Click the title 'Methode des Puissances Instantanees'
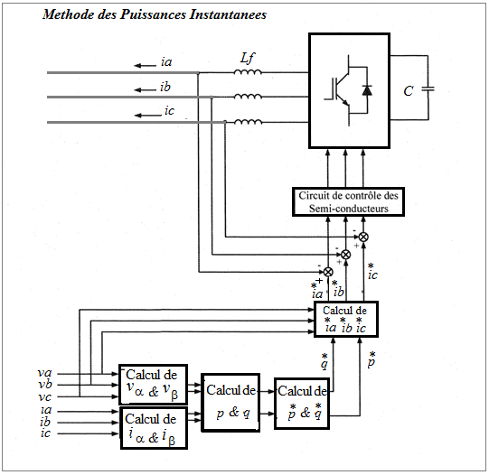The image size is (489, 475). pos(155,14)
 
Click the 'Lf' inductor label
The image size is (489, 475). pos(248,58)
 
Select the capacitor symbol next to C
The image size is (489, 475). pos(428,88)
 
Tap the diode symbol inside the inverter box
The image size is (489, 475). pos(367,90)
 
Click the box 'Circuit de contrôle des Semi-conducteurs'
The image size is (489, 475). pos(348,202)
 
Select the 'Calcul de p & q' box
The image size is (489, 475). pos(230,403)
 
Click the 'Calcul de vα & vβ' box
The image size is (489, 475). pos(153,385)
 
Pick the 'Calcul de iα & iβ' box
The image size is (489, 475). pos(154,428)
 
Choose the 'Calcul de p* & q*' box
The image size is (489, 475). pos(302,404)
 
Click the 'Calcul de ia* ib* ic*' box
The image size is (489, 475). pos(346,319)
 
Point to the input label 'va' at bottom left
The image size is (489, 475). pos(44,373)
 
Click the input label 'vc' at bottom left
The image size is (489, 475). pos(44,397)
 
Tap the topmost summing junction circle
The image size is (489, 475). pos(363,237)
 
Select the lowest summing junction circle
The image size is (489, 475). pos(328,272)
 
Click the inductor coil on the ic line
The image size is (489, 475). pos(249,122)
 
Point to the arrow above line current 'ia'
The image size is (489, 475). pos(145,65)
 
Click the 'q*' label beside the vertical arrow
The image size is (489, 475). pos(324,361)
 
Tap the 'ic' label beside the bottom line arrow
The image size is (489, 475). pos(169,110)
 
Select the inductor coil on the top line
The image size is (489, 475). pos(248,72)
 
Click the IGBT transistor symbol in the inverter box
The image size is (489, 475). pos(338,90)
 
